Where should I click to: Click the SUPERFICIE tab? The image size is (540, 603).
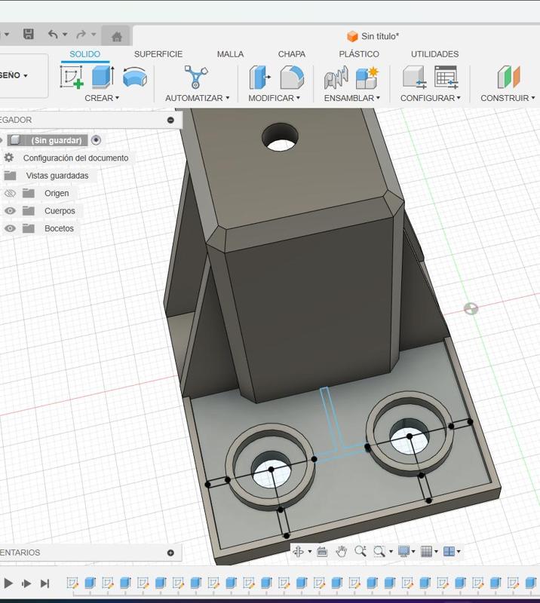[158, 54]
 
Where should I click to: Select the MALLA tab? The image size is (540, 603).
[230, 54]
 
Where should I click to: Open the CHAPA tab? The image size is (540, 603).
[292, 54]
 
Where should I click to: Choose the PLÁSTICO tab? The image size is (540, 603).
[359, 54]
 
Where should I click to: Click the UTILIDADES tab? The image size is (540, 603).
[434, 54]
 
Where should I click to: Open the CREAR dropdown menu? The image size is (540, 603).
[102, 98]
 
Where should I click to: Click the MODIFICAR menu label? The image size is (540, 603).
[274, 98]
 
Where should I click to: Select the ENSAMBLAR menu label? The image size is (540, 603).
[352, 98]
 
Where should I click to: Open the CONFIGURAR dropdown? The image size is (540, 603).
[430, 98]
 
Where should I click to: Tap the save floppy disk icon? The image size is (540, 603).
[29, 34]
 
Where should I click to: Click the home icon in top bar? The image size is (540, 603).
[116, 36]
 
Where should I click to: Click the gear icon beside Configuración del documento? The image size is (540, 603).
[9, 158]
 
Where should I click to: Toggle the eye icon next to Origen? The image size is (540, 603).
[10, 193]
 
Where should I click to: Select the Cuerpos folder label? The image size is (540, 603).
[60, 211]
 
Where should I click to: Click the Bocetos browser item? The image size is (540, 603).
[59, 228]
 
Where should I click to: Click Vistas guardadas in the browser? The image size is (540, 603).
[57, 176]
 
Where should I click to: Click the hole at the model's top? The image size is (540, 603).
[280, 137]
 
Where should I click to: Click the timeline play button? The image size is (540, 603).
[8, 583]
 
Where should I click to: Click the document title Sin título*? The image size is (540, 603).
[379, 36]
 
